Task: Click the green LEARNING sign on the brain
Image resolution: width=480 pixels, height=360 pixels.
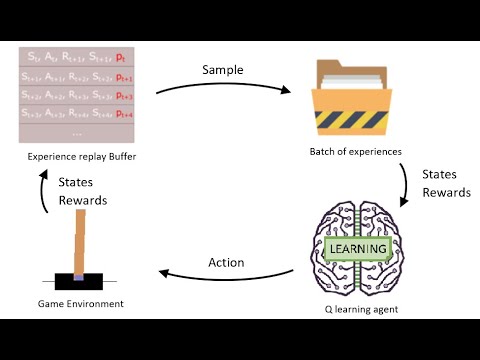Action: point(356,249)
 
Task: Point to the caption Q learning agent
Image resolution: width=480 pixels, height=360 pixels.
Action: point(357,309)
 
